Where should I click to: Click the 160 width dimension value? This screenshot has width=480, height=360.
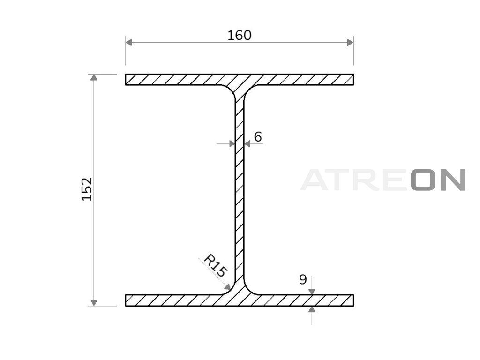pos(240,36)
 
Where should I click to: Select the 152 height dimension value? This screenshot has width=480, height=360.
pos(87,189)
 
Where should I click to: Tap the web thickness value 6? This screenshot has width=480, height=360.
pos(258,137)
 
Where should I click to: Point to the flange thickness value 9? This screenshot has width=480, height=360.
pos(303,279)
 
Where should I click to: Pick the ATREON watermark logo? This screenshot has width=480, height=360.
pos(383,180)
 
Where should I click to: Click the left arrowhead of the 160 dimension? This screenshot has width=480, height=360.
pos(128,42)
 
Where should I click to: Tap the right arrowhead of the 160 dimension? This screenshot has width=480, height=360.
pos(351,42)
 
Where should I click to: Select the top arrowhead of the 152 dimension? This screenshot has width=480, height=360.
pos(94,77)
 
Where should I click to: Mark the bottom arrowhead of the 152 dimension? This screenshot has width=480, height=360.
pos(94,302)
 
